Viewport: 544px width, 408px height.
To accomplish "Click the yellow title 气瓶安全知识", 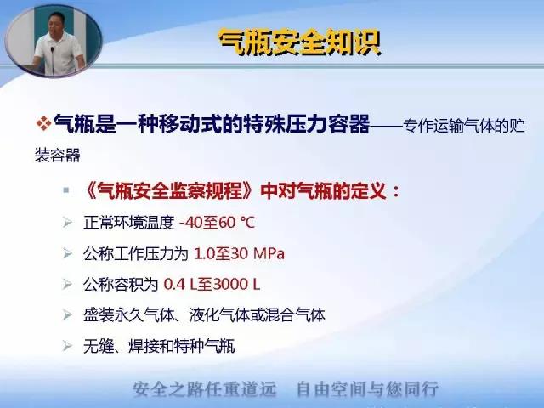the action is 300,42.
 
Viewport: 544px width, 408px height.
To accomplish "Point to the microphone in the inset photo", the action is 53,59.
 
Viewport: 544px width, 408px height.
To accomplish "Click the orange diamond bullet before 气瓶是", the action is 43,122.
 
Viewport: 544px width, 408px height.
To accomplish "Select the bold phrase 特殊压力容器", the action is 307,124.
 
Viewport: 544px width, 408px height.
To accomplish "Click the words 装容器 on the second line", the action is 58,155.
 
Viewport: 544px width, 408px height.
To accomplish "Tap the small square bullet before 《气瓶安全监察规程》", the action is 66,190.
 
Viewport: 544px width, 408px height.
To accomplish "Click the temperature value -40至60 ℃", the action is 218,223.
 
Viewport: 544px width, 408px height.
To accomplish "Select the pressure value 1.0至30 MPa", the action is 239,253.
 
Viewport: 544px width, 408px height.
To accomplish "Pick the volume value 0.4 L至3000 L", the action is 212,285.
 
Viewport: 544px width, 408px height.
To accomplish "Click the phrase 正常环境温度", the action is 128,223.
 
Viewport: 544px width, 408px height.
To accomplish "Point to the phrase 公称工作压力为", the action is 136,253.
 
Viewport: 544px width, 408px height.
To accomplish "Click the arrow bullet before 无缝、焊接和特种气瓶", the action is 67,346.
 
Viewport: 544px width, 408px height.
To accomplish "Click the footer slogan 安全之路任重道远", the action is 205,389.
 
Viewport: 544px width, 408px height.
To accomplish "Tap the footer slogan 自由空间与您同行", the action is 368,389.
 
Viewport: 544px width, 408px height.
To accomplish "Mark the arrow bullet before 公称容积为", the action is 67,285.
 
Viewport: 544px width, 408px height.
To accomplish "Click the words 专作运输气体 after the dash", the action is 449,126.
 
